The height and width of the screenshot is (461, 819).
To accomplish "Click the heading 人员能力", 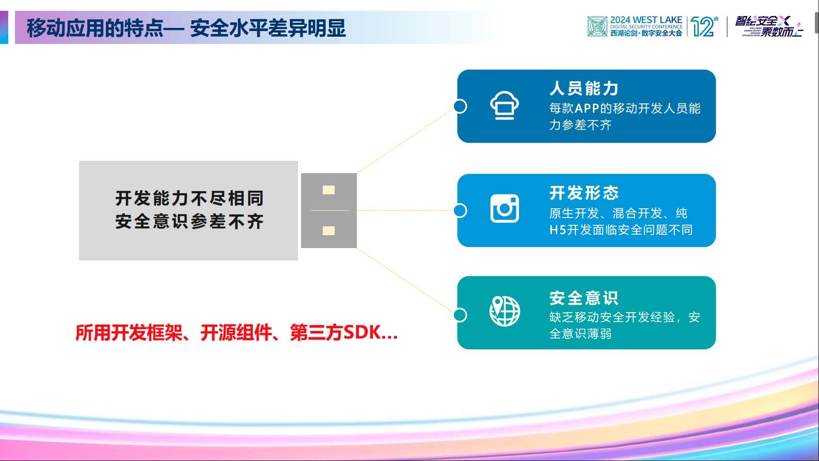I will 584,88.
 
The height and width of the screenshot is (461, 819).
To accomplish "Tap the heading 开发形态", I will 584,193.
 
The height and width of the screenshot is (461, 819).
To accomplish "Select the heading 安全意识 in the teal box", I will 584,298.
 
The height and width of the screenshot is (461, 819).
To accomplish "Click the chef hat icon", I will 504,105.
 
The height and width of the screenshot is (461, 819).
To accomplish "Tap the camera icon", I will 505,209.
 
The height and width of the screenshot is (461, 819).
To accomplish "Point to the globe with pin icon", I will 505,311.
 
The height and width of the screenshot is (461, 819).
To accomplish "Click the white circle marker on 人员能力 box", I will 460,106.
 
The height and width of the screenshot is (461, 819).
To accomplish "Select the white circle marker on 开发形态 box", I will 460,210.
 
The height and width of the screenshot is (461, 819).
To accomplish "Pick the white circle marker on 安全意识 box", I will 460,315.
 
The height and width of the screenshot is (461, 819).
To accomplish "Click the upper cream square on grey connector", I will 328,190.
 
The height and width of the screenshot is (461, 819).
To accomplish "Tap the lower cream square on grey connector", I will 328,230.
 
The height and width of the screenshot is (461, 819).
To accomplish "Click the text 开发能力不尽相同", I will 189,198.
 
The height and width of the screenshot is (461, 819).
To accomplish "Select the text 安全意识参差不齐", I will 189,222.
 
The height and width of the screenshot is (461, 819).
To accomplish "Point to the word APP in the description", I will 587,109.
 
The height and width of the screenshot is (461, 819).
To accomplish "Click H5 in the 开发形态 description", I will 557,230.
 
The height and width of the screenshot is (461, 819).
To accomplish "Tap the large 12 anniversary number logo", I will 703,26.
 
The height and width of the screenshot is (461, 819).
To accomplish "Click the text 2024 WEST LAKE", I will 645,20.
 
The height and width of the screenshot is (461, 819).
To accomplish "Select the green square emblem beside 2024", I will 597,26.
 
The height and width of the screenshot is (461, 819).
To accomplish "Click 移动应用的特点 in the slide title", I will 95,28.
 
